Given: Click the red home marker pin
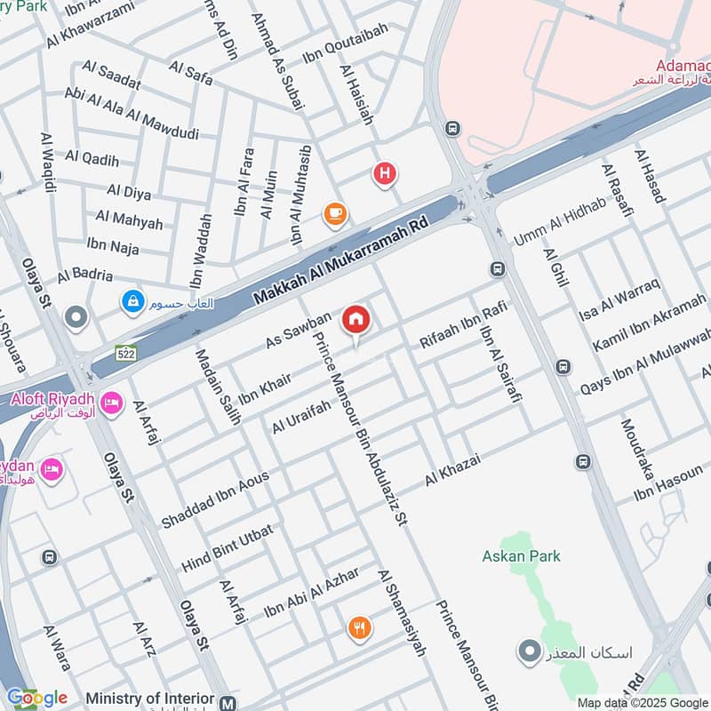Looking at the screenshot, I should pyautogui.click(x=355, y=320).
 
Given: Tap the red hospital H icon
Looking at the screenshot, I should pyautogui.click(x=384, y=174).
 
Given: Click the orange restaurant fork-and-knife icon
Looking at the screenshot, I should pyautogui.click(x=359, y=627).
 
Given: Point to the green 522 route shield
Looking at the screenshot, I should pyautogui.click(x=125, y=354).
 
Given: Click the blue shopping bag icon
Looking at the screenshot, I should pyautogui.click(x=133, y=303).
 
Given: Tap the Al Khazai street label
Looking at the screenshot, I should pyautogui.click(x=452, y=468).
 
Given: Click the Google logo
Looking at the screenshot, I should pyautogui.click(x=36, y=698).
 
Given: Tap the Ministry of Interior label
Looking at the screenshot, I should pyautogui.click(x=150, y=699).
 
